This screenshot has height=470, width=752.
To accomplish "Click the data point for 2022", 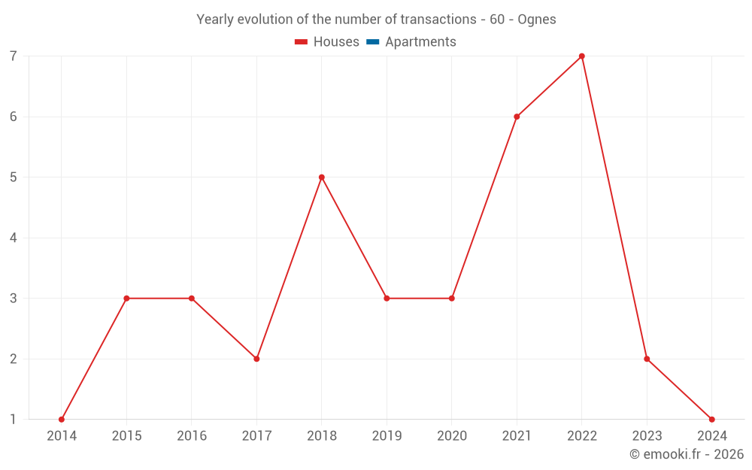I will [x=582, y=56].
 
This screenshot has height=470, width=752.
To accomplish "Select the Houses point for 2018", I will [x=322, y=177].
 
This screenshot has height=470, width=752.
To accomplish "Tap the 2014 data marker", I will [x=62, y=420].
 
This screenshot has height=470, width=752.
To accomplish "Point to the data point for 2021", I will [x=517, y=117].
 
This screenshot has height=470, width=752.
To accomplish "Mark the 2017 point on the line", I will [x=256, y=359].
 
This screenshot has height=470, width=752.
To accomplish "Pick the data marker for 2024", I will [x=712, y=420].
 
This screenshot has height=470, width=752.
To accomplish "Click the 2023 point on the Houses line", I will [x=647, y=359].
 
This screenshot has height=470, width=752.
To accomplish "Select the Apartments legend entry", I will [x=420, y=42].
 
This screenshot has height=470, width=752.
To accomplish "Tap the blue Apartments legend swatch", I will [x=372, y=42].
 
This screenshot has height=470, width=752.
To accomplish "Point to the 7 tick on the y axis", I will [x=14, y=56].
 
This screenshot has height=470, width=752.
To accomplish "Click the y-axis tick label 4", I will [x=14, y=238].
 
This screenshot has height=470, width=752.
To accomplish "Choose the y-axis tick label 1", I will [x=14, y=420].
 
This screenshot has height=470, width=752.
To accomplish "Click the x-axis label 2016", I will [x=192, y=436].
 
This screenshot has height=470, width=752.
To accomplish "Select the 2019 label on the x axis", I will [x=387, y=436].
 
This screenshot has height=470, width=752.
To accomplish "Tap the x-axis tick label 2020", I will [x=452, y=436].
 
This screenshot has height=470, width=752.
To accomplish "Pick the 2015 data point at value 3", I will [x=126, y=299].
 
